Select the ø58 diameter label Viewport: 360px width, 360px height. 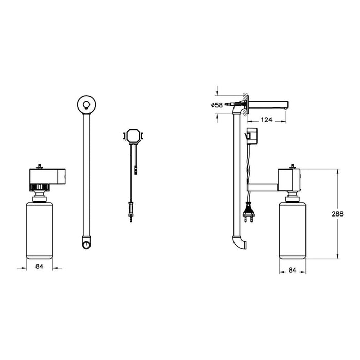click(217, 105)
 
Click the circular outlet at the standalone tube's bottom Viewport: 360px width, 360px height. click(85, 241)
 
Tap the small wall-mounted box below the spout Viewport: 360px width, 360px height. click(252, 136)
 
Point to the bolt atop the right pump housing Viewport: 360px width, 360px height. click(293, 166)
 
